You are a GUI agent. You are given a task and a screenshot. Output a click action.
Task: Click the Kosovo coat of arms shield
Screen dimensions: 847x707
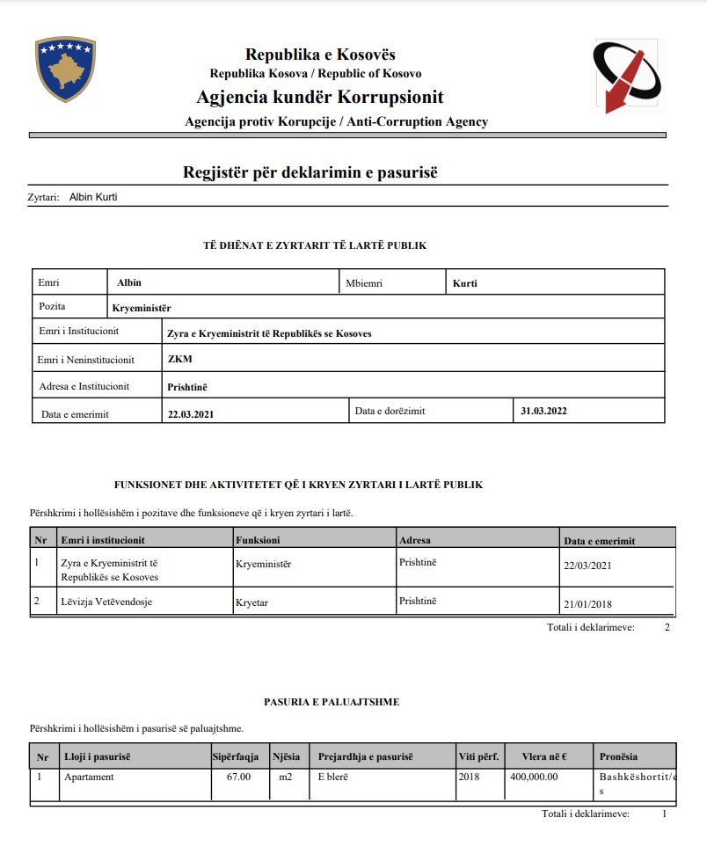tap(65, 69)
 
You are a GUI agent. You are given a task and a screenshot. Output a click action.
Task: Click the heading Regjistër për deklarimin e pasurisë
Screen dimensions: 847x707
tap(310, 172)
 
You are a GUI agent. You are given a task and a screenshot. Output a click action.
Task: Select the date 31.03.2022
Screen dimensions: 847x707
tap(543, 411)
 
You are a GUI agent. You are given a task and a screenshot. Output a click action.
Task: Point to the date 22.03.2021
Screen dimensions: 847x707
tap(191, 414)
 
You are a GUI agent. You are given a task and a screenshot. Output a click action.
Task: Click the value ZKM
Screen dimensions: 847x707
tap(179, 359)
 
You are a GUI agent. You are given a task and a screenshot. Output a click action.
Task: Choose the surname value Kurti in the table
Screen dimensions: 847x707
tap(464, 283)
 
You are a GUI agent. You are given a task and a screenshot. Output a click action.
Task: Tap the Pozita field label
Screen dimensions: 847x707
tap(53, 307)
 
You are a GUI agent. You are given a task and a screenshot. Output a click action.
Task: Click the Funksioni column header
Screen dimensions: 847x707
tap(258, 540)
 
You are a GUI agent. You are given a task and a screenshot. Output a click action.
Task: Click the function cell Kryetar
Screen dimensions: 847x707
tap(254, 602)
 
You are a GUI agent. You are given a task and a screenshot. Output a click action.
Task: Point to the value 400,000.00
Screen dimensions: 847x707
tap(534, 778)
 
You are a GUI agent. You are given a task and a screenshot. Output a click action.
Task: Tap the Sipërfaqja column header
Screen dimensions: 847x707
tap(236, 756)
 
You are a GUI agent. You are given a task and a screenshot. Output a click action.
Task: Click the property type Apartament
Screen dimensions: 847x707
tap(89, 778)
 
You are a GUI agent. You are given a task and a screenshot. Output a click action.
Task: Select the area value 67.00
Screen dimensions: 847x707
tap(238, 778)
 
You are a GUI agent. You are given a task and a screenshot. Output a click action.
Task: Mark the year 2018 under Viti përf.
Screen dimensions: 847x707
tap(470, 778)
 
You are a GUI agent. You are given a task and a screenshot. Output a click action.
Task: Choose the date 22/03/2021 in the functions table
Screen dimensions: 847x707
tap(587, 566)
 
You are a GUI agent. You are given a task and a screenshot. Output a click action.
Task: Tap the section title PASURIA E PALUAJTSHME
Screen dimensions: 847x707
tap(332, 701)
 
